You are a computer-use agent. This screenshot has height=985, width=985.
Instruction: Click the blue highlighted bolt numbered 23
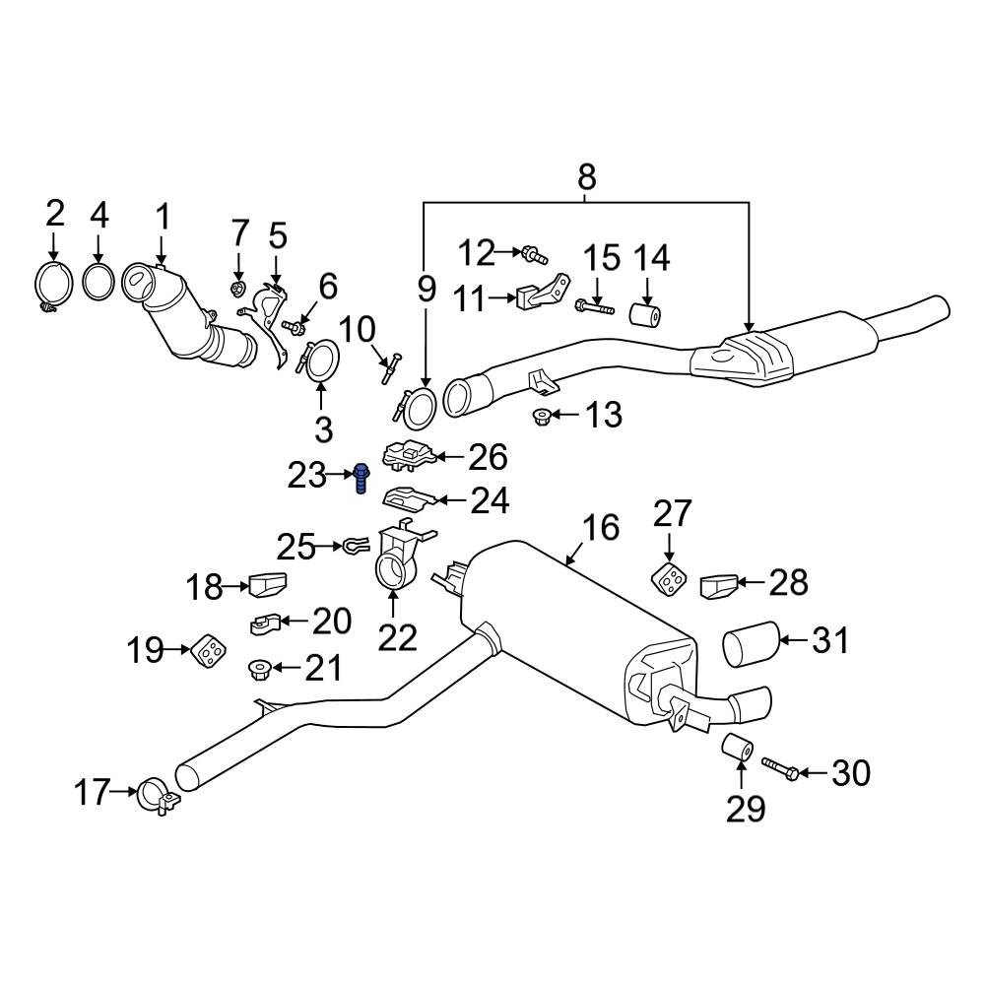pyautogui.click(x=361, y=479)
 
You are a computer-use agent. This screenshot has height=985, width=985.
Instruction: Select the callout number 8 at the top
pyautogui.click(x=586, y=177)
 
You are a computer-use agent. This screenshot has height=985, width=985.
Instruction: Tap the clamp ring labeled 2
pyautogui.click(x=53, y=285)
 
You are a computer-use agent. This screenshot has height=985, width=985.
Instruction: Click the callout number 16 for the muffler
pyautogui.click(x=600, y=529)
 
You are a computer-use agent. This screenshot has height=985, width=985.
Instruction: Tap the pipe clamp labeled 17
pyautogui.click(x=158, y=795)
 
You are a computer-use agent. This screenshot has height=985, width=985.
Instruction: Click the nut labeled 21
pyautogui.click(x=259, y=670)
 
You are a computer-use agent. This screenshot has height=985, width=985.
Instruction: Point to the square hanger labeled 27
pyautogui.click(x=669, y=580)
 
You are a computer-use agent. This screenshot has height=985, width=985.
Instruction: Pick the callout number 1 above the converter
pyautogui.click(x=163, y=216)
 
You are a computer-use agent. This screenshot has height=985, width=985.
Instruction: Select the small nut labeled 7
pyautogui.click(x=237, y=288)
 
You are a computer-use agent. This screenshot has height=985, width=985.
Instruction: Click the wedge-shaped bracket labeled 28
pyautogui.click(x=717, y=587)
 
